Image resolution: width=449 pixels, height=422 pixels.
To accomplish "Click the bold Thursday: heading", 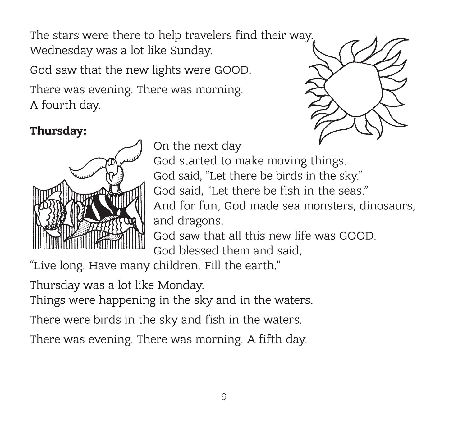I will [58, 131].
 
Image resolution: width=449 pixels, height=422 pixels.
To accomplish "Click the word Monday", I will [181, 285].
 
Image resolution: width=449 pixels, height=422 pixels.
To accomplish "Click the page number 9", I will [224, 397].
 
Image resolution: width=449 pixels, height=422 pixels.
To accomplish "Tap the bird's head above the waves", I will [111, 164].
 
